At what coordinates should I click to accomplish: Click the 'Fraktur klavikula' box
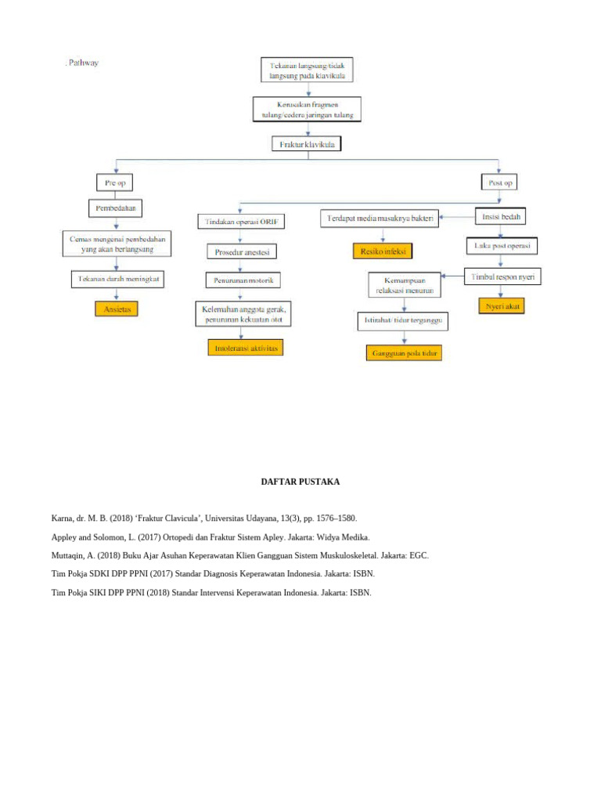coord(308,145)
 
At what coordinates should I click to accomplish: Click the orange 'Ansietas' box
coord(116,309)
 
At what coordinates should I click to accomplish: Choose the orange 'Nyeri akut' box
coord(501,306)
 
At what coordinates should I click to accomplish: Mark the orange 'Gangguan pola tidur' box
coord(403,353)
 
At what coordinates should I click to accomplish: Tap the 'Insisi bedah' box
coord(502,215)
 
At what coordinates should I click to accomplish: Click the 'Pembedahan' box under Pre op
coord(116,209)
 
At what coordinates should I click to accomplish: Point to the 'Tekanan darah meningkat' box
coord(116,279)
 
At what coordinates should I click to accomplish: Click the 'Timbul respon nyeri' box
coord(504,276)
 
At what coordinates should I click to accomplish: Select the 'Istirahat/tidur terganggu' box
coord(403,321)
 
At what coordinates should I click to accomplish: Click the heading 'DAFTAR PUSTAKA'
coord(300,482)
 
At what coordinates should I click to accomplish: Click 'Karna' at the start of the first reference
coord(62,518)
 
